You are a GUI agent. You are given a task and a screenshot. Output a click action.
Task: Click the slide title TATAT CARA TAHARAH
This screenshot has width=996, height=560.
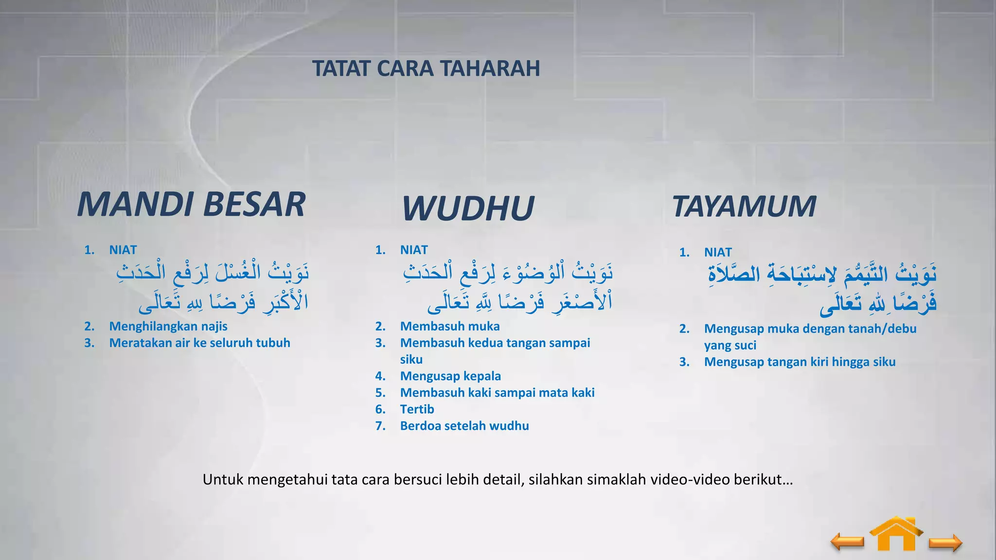click(x=426, y=69)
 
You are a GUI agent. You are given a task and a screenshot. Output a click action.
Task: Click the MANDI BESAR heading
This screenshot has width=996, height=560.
click(x=191, y=204)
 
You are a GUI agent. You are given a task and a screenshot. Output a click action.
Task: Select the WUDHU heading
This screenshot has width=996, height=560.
click(x=468, y=208)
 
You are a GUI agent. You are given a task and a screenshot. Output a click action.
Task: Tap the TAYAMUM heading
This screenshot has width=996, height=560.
click(x=744, y=206)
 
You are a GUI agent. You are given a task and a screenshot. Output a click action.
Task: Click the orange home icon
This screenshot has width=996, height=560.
click(x=896, y=535)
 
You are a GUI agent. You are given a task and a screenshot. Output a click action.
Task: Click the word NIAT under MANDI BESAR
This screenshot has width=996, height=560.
click(x=123, y=250)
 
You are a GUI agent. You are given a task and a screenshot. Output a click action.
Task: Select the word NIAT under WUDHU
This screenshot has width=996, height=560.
click(x=414, y=250)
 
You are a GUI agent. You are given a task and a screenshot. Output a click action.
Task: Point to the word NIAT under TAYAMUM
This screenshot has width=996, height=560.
click(x=718, y=252)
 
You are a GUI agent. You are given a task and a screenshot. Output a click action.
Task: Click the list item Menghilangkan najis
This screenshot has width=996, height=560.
click(x=168, y=326)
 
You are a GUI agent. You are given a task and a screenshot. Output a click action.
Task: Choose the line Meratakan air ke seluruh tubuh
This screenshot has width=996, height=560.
click(x=199, y=343)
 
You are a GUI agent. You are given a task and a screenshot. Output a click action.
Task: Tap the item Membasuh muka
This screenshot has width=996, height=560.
click(x=450, y=326)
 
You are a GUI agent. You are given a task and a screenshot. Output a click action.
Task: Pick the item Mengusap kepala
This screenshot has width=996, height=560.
click(x=450, y=376)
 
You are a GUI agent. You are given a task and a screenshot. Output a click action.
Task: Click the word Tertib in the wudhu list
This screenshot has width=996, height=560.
click(x=417, y=409)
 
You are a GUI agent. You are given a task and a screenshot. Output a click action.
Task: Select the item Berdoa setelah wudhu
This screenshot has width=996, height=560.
click(x=464, y=426)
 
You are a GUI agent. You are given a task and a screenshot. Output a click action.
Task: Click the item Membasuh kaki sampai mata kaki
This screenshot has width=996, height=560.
click(x=497, y=392)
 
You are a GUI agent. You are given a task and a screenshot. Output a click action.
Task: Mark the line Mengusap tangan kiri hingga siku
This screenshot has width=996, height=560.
click(x=800, y=362)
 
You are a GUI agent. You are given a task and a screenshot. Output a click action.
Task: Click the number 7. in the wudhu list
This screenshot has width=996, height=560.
click(x=380, y=426)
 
